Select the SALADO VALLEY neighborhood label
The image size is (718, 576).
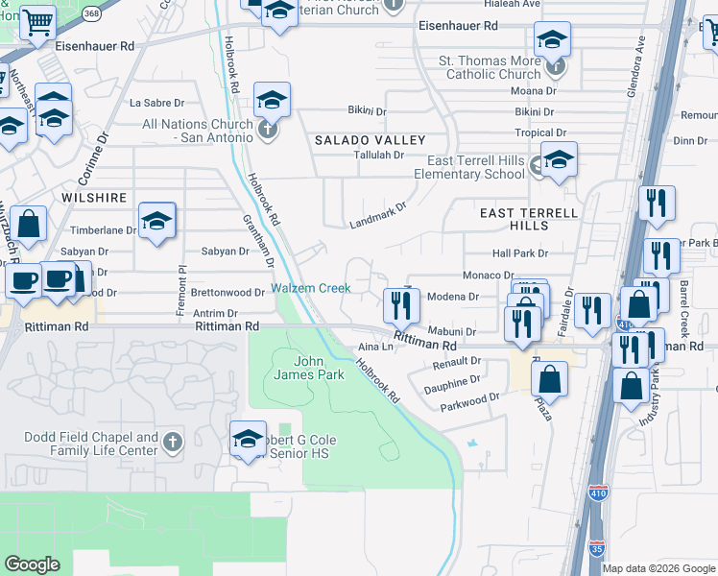point(370,140)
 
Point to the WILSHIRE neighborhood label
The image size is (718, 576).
point(94,198)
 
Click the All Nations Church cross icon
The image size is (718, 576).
point(268,130)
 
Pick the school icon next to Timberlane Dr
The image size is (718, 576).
point(156,222)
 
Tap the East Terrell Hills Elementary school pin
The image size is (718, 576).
point(558,160)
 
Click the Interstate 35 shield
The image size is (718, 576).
point(596,549)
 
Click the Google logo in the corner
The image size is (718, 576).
point(32,564)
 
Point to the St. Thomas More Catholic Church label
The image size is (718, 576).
point(490,67)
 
